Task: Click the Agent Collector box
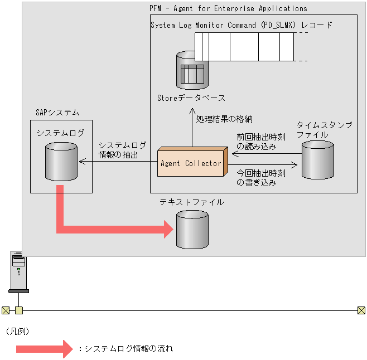tap(191, 163)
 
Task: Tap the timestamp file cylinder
tap(317, 159)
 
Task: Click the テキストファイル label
tap(192, 202)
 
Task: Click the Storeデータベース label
tap(191, 98)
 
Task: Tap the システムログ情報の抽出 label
tap(122, 149)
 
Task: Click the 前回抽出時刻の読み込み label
tap(260, 141)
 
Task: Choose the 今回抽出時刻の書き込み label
tap(260, 177)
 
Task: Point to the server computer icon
tap(19, 271)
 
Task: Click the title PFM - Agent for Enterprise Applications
tap(228, 8)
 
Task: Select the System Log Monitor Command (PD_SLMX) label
tap(242, 25)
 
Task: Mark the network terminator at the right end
tap(361, 310)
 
